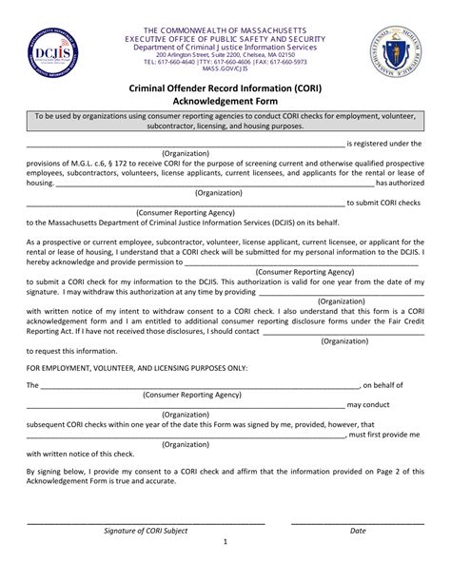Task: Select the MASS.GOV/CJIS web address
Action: click(225, 69)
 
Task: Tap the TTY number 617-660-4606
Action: click(227, 62)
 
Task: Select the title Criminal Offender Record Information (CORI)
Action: click(225, 86)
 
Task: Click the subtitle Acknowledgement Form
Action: click(225, 100)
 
